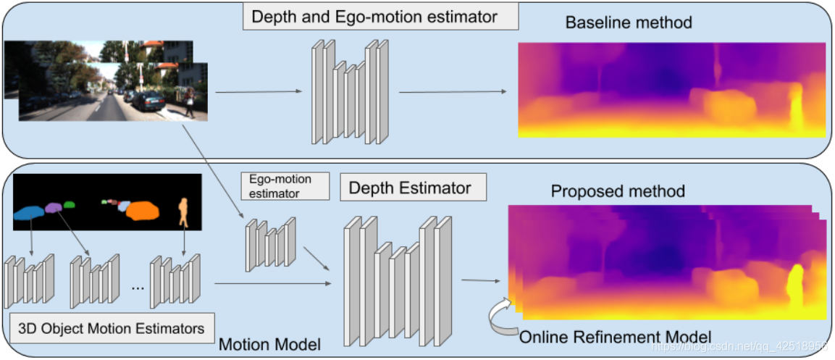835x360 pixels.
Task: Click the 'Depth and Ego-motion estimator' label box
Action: pyautogui.click(x=380, y=17)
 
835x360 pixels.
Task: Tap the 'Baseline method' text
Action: pyautogui.click(x=629, y=22)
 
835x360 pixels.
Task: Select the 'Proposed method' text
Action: pyautogui.click(x=618, y=191)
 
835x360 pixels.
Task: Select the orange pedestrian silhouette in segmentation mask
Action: pyautogui.click(x=184, y=210)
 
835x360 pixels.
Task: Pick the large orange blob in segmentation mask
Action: pyautogui.click(x=142, y=211)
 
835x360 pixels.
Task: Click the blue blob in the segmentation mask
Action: pyautogui.click(x=29, y=212)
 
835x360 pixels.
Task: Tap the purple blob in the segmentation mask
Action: pyautogui.click(x=54, y=208)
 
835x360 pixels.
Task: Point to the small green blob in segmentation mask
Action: pyautogui.click(x=70, y=205)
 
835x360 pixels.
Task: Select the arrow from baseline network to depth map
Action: pyautogui.click(x=453, y=92)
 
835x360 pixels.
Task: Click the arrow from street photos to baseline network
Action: pyautogui.click(x=258, y=92)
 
